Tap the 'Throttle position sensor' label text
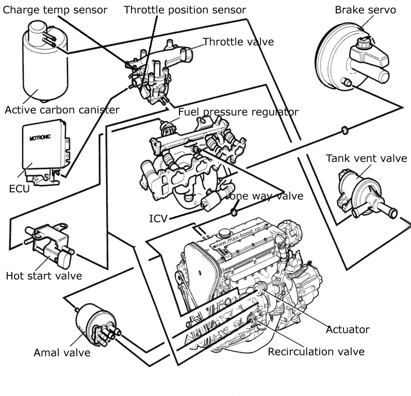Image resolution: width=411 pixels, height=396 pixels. [x=185, y=10]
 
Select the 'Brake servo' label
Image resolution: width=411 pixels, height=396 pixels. [x=365, y=10]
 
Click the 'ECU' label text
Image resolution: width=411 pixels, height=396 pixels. [x=19, y=188]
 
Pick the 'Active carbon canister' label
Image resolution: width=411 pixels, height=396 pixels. [x=62, y=109]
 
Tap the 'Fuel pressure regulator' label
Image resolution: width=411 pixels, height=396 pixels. [x=238, y=112]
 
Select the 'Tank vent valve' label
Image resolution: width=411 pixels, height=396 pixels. [x=366, y=158]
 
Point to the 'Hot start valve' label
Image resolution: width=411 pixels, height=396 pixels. [x=44, y=276]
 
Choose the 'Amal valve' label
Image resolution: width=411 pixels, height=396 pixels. [x=62, y=353]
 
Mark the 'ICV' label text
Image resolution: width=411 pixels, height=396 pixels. [x=158, y=219]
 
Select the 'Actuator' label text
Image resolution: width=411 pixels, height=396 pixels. [x=348, y=329]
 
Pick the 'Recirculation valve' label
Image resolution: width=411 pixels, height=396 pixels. [x=316, y=352]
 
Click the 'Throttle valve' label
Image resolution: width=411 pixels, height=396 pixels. [x=238, y=42]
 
